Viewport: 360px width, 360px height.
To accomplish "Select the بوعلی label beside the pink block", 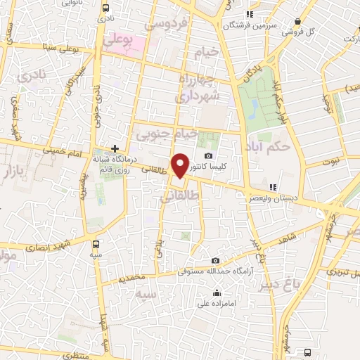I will click(117, 42).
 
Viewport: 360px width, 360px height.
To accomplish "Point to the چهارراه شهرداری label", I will click(200, 86).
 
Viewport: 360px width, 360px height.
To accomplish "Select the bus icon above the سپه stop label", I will click(96, 243).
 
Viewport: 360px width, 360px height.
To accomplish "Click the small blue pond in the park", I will click(252, 107).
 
